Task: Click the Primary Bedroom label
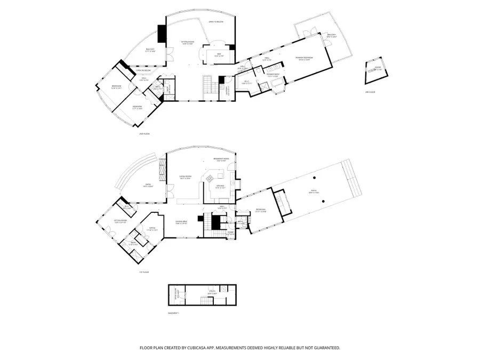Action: click(305, 59)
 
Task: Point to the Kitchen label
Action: click(221, 187)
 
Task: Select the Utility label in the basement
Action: click(211, 293)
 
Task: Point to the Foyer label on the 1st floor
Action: click(231, 233)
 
